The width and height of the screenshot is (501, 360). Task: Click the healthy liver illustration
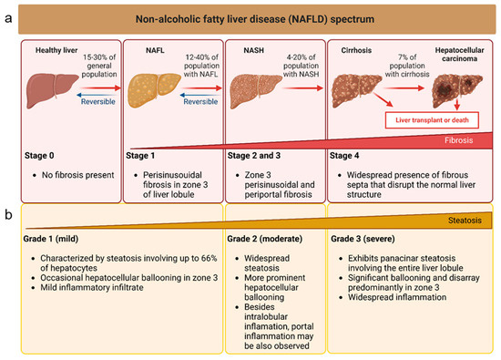[x=52, y=90]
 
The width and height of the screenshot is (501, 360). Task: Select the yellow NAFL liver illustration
[x=154, y=90]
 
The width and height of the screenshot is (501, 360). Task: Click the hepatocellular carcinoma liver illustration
[x=457, y=91]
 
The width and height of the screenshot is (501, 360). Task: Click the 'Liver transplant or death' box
[x=432, y=120]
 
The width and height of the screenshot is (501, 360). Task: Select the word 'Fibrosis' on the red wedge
[x=458, y=140]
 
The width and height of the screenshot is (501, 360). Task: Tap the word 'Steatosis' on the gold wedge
[x=465, y=221]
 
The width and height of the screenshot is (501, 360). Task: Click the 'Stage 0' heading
[x=39, y=156]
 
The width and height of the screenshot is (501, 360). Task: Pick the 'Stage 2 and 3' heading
[x=254, y=156]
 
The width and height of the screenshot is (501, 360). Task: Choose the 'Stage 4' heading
[x=344, y=156]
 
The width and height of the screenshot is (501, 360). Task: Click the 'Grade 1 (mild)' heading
[x=51, y=239]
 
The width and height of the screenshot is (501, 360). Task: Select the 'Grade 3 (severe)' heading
[x=363, y=239]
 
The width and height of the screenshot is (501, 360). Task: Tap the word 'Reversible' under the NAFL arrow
[x=200, y=102]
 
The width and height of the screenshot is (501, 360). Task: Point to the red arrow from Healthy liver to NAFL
[x=100, y=87]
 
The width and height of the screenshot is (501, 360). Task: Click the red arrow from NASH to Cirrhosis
[x=303, y=87]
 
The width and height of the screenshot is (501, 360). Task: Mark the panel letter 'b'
[x=8, y=214]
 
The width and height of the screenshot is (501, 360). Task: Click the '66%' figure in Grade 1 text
[x=210, y=258]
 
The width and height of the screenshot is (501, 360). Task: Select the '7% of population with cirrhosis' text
[x=407, y=66]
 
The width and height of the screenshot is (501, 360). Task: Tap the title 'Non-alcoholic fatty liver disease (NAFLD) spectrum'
[x=255, y=19]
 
